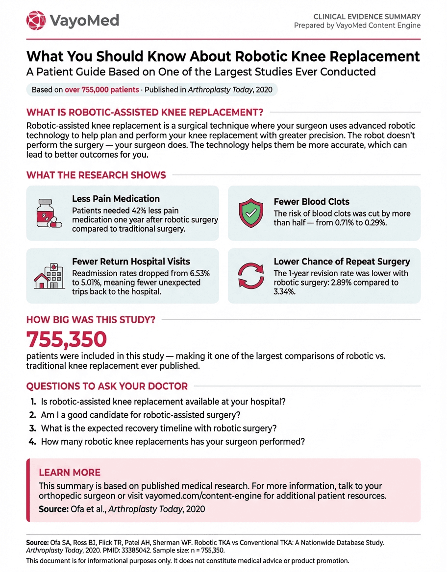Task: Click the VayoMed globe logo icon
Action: [36, 20]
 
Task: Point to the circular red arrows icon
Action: [250, 275]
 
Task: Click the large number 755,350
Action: [67, 339]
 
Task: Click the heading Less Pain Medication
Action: [116, 199]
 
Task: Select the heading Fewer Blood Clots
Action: [311, 202]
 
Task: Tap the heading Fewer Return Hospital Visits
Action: [131, 262]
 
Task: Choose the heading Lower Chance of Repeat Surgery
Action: [342, 262]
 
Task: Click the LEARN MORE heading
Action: [70, 473]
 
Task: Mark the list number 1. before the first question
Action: [33, 402]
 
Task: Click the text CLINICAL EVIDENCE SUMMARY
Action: [367, 16]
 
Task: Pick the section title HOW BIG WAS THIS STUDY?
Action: [91, 320]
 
